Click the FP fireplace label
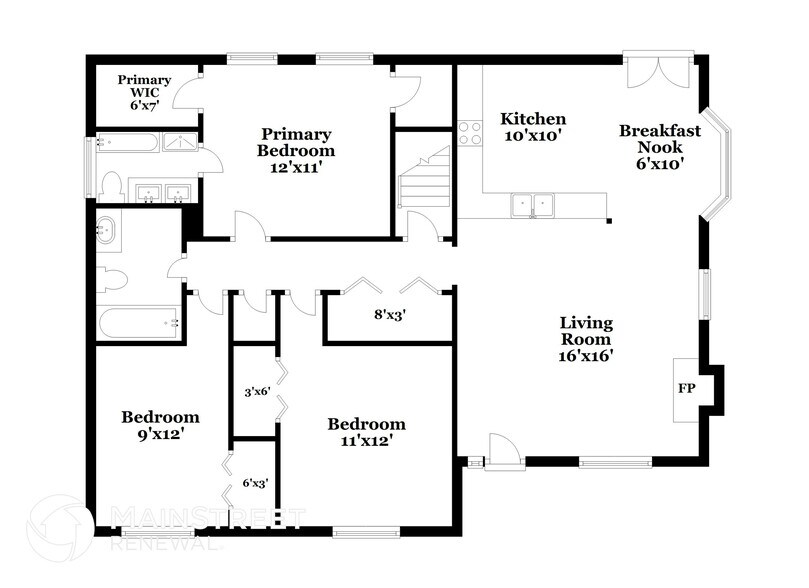tap(687, 386)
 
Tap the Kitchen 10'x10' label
tap(533, 128)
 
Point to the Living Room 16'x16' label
tap(586, 339)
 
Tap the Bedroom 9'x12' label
tap(160, 426)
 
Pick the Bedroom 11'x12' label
tap(367, 432)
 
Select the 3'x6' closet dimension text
tap(257, 392)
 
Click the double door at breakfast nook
tap(656, 72)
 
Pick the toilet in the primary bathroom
tap(111, 185)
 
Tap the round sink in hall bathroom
tap(107, 233)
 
